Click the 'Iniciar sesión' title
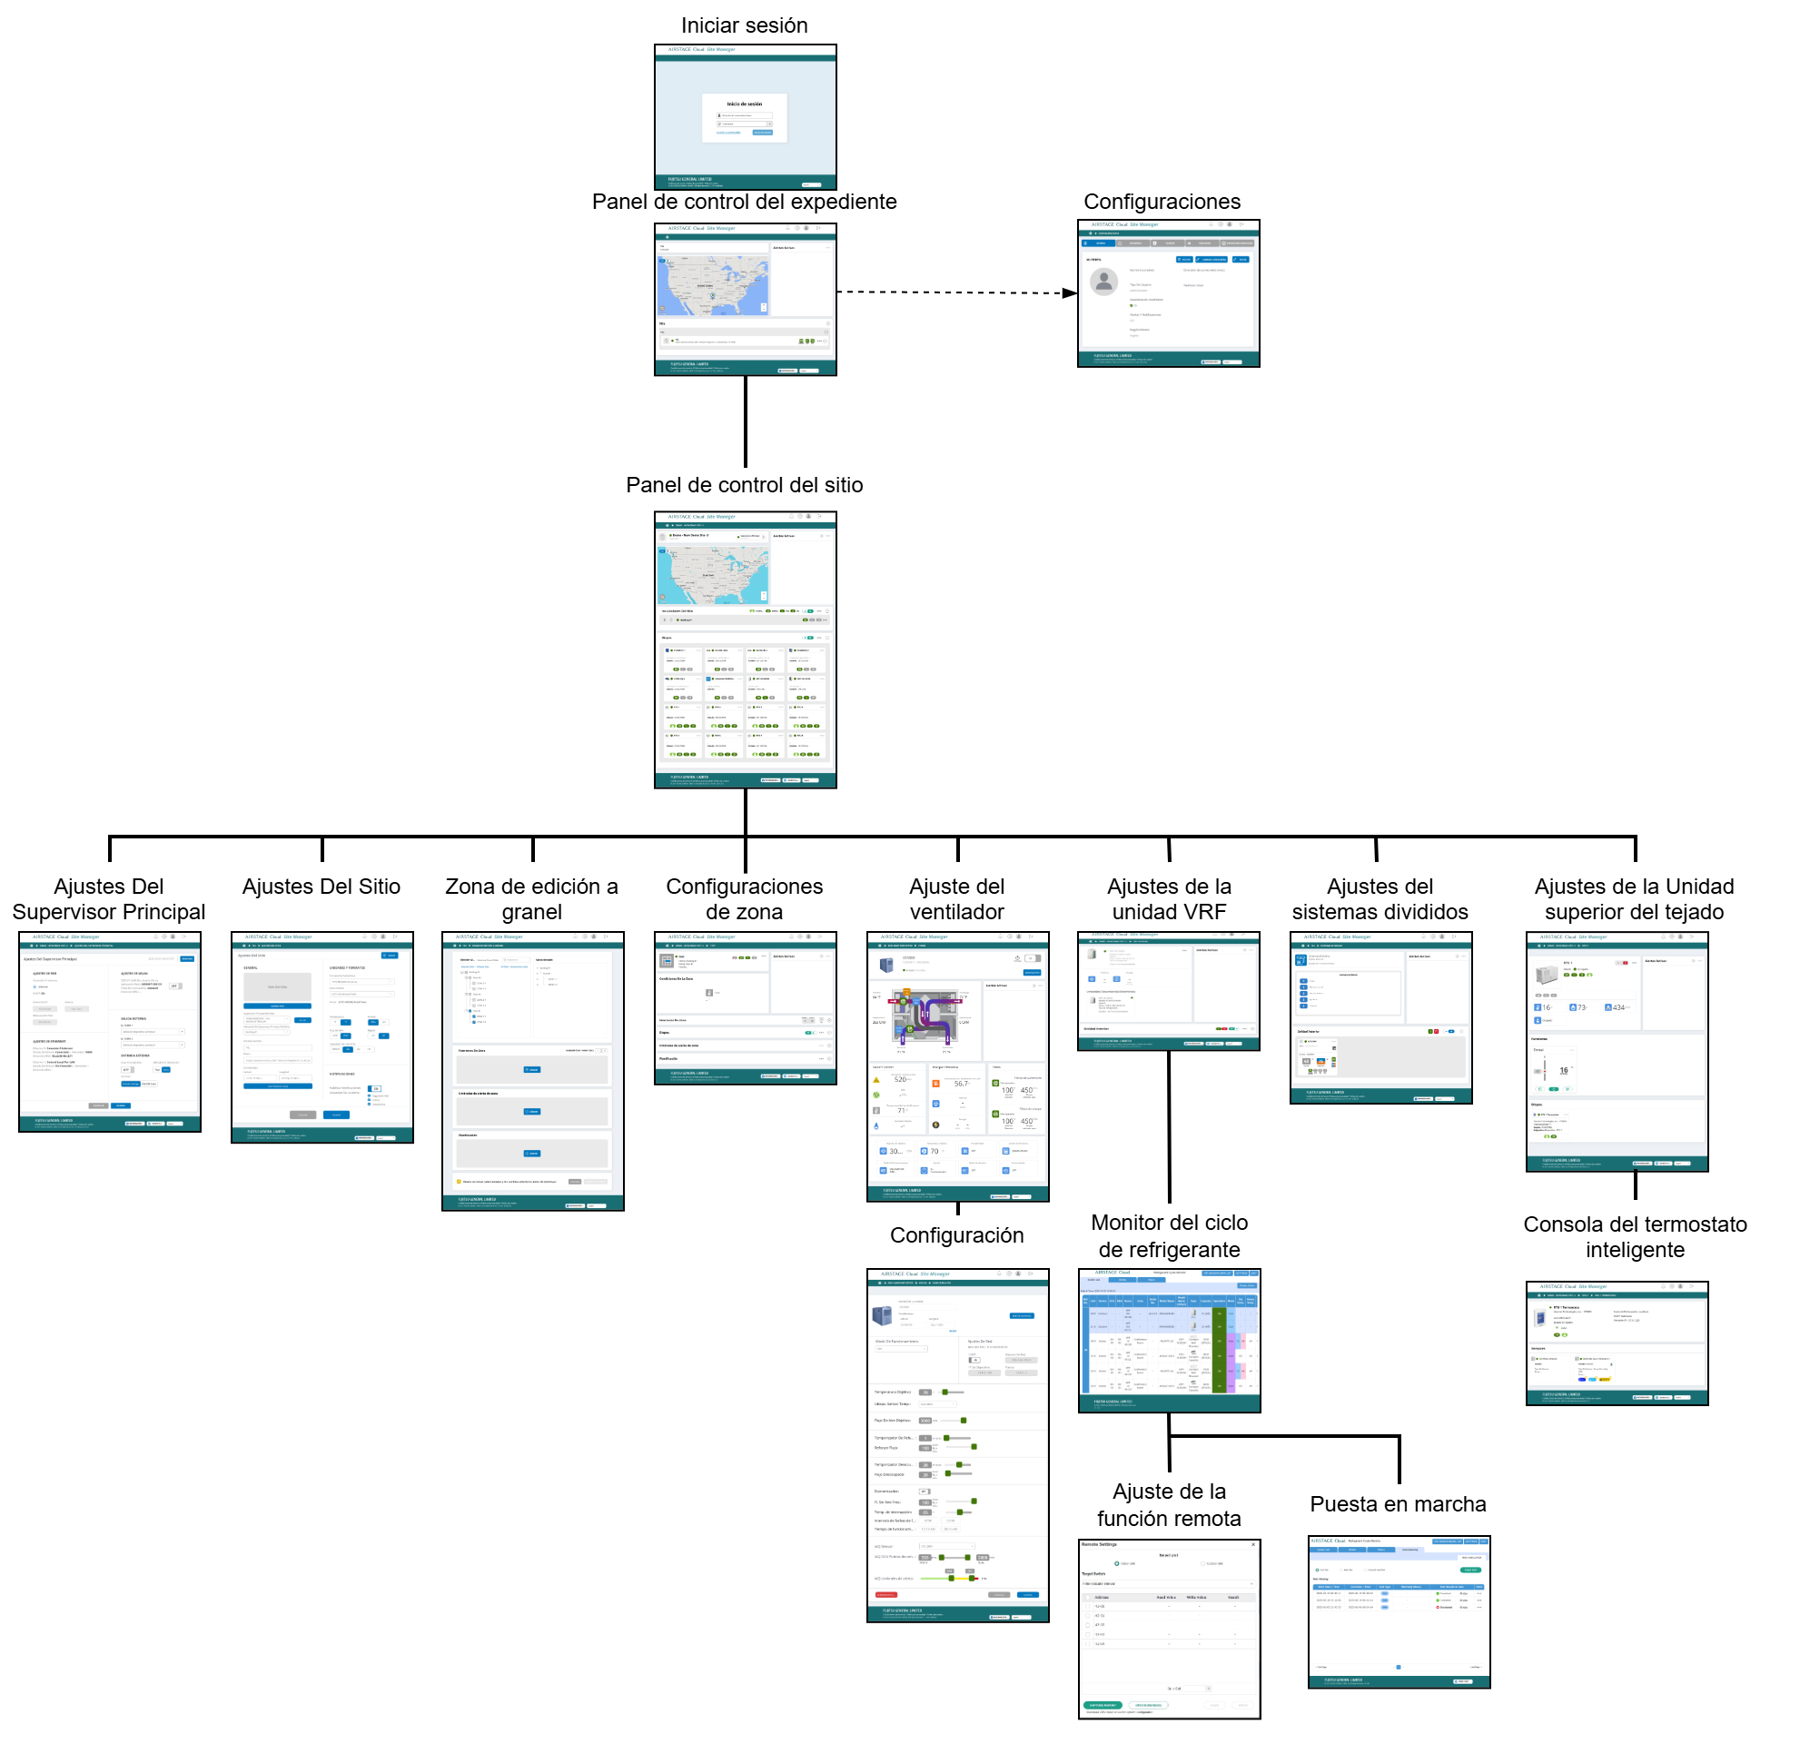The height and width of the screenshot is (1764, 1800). click(744, 25)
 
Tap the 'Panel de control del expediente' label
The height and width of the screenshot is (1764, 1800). click(744, 201)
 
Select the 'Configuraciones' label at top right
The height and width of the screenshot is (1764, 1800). click(1162, 201)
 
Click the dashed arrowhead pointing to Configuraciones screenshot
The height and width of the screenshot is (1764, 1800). click(1070, 292)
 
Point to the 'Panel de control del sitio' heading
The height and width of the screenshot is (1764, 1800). click(744, 484)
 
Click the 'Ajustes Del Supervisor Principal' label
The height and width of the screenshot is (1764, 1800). click(108, 898)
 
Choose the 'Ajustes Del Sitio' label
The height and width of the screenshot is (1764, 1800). click(321, 886)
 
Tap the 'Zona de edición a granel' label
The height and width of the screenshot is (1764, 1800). click(532, 898)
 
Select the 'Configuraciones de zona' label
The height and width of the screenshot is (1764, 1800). click(744, 898)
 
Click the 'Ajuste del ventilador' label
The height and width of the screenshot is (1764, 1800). click(956, 898)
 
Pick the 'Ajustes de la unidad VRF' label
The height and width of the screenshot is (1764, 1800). click(1169, 898)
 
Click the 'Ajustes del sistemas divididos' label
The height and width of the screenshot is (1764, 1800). click(1380, 898)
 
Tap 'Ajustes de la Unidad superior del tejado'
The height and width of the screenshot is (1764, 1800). click(1634, 898)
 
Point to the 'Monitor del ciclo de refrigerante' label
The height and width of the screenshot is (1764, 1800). click(1169, 1236)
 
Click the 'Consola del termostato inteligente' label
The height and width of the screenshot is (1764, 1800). click(1635, 1237)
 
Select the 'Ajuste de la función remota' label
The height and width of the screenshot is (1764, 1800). click(1169, 1504)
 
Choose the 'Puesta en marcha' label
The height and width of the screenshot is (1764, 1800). click(1398, 1503)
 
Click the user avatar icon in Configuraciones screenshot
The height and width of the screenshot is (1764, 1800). click(1103, 281)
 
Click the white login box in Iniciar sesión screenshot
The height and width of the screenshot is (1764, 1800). click(744, 118)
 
